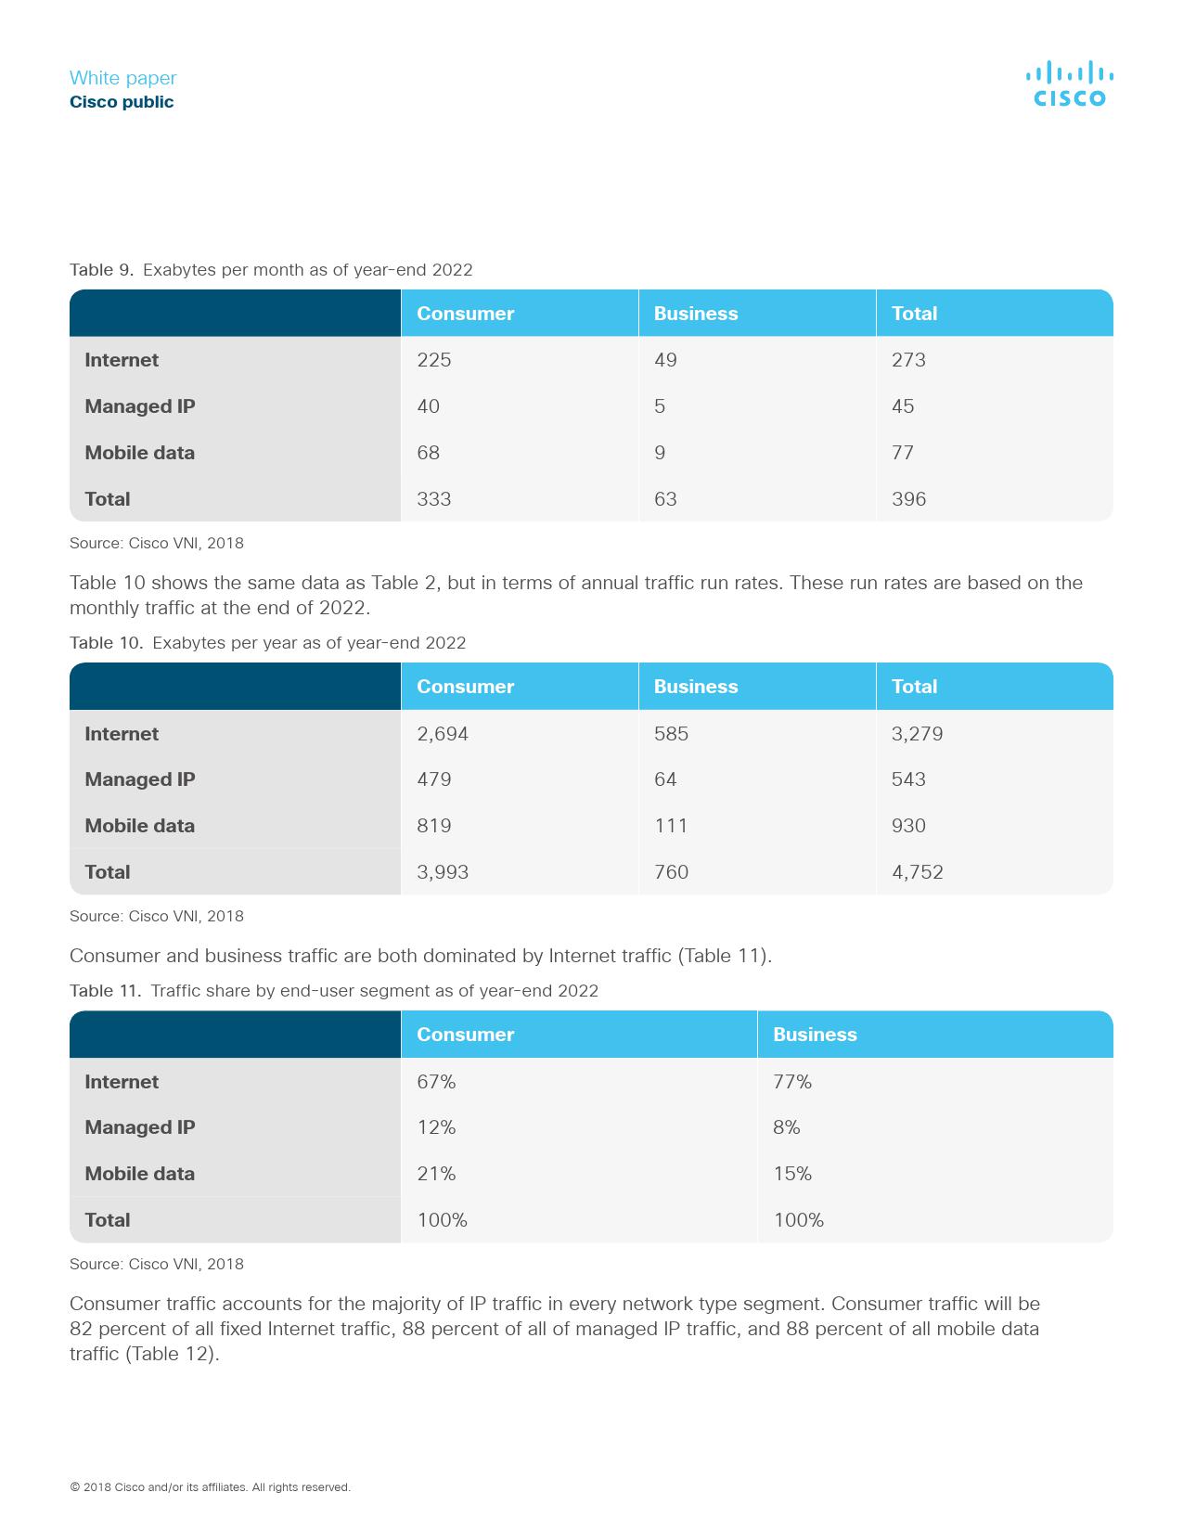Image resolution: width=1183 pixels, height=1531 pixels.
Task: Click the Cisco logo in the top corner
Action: pos(1069,84)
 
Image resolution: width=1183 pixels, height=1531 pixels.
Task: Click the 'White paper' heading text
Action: pos(122,78)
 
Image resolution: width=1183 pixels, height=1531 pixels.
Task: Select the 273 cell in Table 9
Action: pos(908,360)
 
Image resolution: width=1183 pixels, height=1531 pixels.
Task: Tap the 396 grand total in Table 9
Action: pos(908,499)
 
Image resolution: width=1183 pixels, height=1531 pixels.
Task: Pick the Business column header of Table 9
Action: pos(696,314)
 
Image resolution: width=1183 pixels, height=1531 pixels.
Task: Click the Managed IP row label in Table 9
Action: pos(139,406)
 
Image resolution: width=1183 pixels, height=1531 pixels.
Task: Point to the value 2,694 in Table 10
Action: pos(443,734)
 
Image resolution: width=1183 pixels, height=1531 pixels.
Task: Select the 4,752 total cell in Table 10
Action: pos(917,872)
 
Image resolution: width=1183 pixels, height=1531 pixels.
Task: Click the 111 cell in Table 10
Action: pos(671,826)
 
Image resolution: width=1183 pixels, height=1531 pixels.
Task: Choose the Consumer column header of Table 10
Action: pos(465,687)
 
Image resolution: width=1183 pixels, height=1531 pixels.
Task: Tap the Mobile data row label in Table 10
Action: pos(139,826)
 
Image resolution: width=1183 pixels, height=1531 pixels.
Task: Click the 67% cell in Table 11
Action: pos(436,1082)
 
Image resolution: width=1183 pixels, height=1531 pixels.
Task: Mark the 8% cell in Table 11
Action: pos(786,1127)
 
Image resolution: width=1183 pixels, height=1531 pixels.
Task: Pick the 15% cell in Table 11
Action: pos(791,1174)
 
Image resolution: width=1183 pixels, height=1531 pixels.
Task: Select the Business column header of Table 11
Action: pos(815,1035)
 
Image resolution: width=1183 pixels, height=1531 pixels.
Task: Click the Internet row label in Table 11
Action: pos(122,1082)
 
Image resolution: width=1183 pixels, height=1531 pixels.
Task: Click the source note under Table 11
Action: pos(156,1264)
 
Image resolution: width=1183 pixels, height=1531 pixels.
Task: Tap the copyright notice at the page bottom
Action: pos(210,1487)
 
